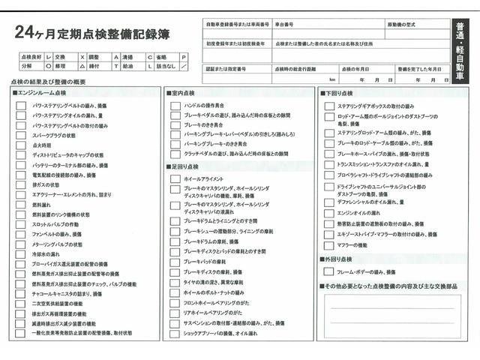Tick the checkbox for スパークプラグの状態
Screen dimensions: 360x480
click(21, 136)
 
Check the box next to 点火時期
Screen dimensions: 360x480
click(21, 145)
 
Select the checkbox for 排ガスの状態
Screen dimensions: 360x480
click(21, 184)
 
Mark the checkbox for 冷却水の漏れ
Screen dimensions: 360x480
click(21, 254)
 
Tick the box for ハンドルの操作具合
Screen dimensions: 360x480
click(175, 105)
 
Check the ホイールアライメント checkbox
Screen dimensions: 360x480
click(175, 179)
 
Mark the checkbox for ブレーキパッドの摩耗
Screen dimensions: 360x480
click(175, 262)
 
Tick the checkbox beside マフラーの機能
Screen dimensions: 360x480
click(329, 245)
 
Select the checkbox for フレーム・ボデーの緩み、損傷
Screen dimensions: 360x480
click(329, 271)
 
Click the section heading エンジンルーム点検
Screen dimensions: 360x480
click(45, 92)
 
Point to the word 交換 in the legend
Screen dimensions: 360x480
click(60, 57)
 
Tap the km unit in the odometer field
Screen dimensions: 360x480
click(331, 79)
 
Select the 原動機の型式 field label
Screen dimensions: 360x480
click(402, 25)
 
